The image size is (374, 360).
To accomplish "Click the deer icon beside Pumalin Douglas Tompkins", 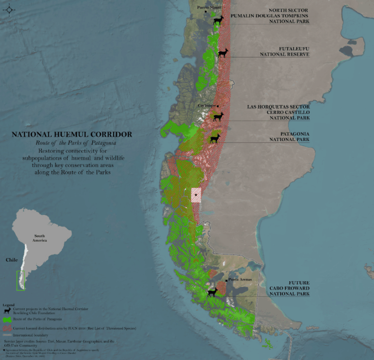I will pyautogui.click(x=218, y=20).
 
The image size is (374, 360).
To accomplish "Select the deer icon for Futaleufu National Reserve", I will pyautogui.click(x=223, y=53).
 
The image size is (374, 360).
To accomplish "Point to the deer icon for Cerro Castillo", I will pyautogui.click(x=218, y=117).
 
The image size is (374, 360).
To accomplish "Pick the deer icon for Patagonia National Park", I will pyautogui.click(x=215, y=139).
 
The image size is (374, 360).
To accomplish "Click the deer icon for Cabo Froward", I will pyautogui.click(x=212, y=292).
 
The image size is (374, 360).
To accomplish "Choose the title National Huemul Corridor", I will pyautogui.click(x=72, y=135).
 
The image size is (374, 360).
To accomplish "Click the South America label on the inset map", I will pyautogui.click(x=39, y=238).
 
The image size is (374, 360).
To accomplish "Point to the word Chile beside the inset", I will pyautogui.click(x=11, y=260).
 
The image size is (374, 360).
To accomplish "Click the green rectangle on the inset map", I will pyautogui.click(x=20, y=281).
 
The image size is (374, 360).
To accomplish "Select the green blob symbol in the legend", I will pyautogui.click(x=7, y=320).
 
